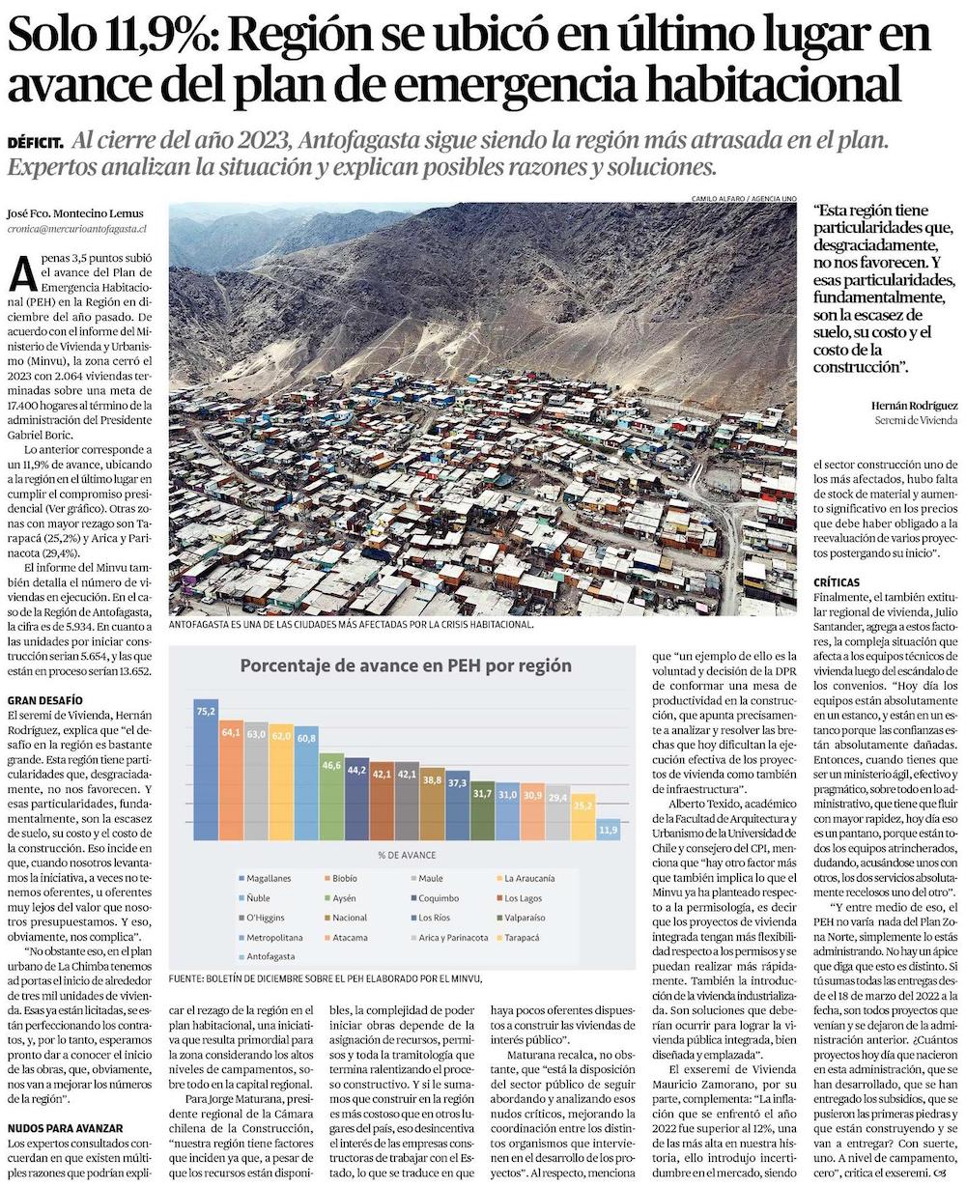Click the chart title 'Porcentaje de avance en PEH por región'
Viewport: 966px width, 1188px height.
coord(405,665)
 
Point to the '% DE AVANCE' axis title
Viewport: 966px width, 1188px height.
coord(407,855)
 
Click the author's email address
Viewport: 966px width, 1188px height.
coord(75,229)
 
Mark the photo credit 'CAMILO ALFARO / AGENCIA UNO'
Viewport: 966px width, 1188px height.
coord(744,199)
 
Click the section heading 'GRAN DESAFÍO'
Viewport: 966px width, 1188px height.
coord(44,699)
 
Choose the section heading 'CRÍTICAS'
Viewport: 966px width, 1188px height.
coord(838,583)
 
